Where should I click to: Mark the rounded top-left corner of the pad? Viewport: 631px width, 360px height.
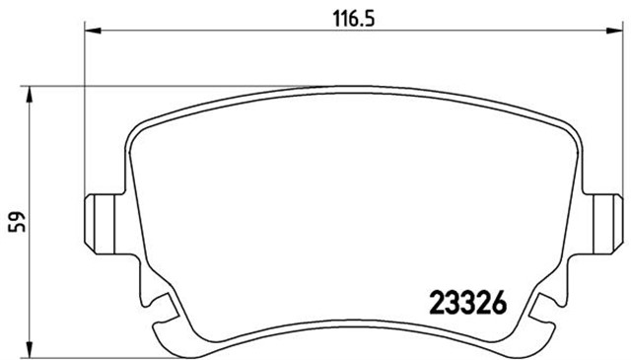click(x=137, y=126)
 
